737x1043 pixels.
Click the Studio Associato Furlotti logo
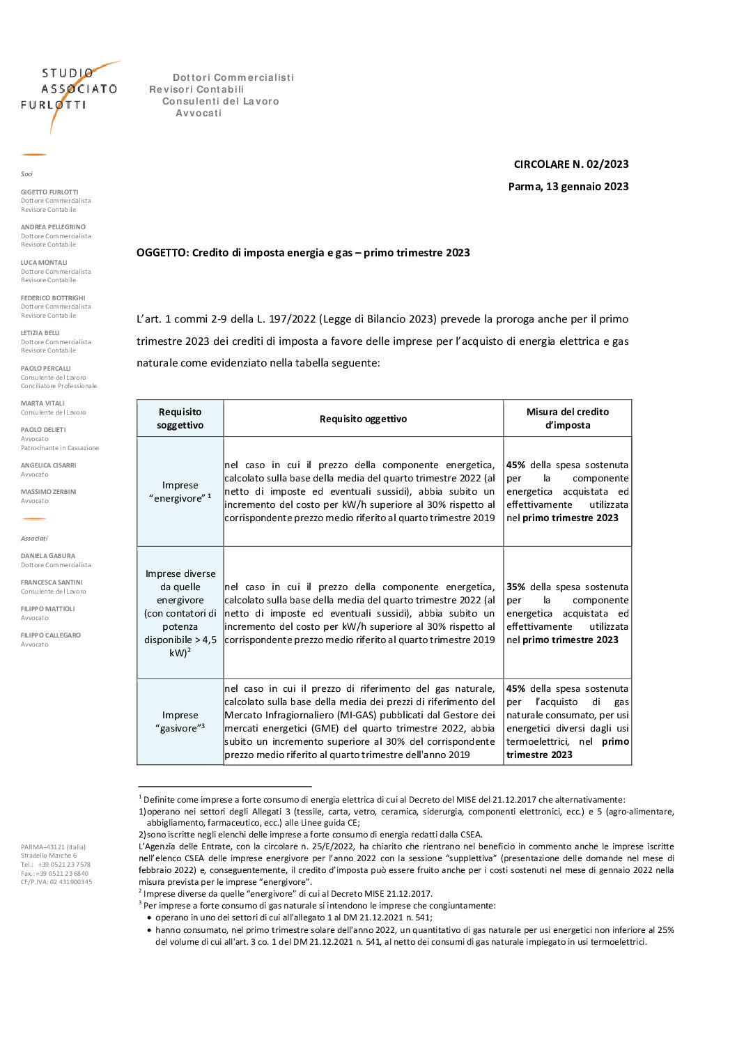70,91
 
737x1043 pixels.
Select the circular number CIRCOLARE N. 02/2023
571,164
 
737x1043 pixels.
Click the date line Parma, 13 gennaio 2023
568,187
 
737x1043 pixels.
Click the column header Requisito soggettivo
180,419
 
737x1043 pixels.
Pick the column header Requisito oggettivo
363,419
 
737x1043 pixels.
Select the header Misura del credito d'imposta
567,419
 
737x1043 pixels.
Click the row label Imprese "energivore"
180,492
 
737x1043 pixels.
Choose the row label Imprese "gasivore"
180,722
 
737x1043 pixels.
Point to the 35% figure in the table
515,587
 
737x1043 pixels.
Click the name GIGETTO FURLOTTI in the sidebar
49,192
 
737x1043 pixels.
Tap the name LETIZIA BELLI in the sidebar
40,333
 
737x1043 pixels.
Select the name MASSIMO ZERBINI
49,492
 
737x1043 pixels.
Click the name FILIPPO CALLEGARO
51,635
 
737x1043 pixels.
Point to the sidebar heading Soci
26,174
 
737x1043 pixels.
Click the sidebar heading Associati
34,539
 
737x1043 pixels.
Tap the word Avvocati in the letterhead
199,114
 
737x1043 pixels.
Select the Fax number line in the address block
54,874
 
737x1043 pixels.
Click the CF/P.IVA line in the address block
56,882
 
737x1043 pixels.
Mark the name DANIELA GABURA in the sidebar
48,556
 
